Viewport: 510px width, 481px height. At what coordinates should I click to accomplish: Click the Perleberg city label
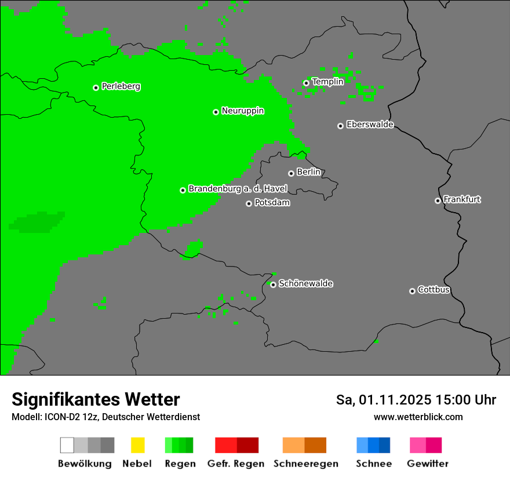[121, 86]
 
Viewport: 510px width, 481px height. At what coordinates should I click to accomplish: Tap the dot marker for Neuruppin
[216, 112]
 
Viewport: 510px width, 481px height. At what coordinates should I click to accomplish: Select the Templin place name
[327, 82]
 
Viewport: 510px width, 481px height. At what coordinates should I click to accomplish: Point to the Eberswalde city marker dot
[340, 126]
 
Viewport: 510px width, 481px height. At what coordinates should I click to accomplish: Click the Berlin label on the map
[308, 172]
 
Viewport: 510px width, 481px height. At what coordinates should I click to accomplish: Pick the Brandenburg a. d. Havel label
[238, 189]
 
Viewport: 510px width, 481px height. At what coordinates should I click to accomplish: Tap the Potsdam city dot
[249, 203]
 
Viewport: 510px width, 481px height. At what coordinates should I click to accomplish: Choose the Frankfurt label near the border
[462, 199]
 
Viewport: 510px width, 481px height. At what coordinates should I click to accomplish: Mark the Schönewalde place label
[305, 283]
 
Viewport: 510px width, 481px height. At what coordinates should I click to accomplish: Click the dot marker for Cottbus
[412, 291]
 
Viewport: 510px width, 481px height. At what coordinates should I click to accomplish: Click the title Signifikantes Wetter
[96, 399]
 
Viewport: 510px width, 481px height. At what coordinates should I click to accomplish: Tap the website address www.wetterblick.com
[418, 417]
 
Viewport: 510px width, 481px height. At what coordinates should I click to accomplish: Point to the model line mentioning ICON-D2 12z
[105, 417]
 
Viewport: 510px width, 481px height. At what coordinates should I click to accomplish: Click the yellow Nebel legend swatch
[137, 445]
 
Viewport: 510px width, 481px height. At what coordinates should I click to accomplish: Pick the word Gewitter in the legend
[427, 464]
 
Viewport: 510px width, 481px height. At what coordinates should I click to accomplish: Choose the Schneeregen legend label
[305, 464]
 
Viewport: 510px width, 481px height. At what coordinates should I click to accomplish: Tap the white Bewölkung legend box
[67, 445]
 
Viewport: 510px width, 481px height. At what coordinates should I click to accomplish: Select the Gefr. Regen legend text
[235, 464]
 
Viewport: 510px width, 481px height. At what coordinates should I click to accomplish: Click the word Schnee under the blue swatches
[373, 464]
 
